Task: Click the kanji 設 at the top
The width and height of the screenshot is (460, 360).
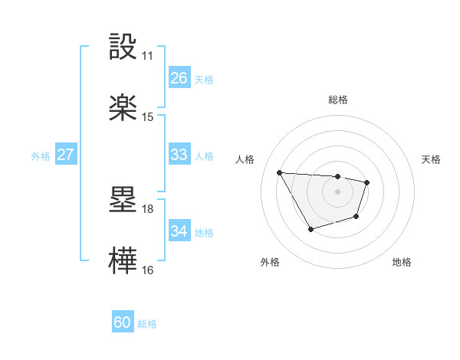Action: [x=123, y=47]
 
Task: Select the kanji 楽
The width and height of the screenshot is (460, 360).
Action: [x=123, y=107]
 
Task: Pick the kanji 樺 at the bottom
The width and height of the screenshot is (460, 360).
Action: [x=123, y=260]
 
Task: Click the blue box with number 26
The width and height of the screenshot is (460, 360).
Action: [x=179, y=77]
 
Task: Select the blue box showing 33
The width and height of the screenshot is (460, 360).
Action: [x=179, y=155]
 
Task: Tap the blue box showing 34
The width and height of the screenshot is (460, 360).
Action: [x=179, y=231]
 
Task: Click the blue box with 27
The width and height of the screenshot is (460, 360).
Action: [x=65, y=155]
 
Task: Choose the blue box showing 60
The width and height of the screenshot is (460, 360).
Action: [x=122, y=323]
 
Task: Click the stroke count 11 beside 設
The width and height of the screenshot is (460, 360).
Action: [x=148, y=56]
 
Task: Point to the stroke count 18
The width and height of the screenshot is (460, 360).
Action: [x=148, y=208]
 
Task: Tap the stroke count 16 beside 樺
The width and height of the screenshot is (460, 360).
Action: [x=148, y=270]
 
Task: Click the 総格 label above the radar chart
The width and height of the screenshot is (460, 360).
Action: [x=338, y=100]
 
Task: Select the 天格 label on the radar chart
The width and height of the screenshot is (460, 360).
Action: [x=432, y=159]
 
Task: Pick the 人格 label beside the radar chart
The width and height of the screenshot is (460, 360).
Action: [x=246, y=159]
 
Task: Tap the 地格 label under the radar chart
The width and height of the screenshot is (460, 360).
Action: [x=402, y=262]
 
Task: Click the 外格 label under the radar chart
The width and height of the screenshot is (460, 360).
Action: [x=270, y=262]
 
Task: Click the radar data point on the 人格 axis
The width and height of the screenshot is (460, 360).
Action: [x=280, y=172]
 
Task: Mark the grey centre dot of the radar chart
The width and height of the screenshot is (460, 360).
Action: [x=338, y=191]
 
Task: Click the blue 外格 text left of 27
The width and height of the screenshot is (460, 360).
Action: [x=41, y=155]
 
